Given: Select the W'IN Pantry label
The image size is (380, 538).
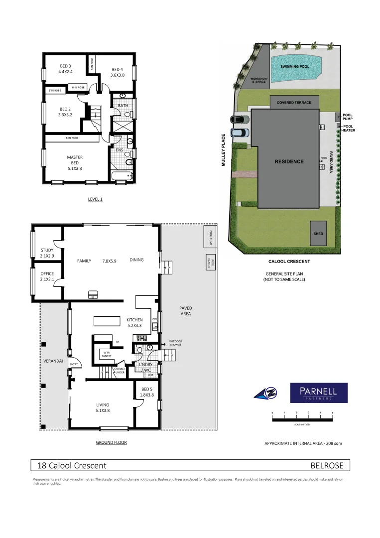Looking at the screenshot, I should (107, 354).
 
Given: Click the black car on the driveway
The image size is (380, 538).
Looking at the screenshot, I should (239, 120).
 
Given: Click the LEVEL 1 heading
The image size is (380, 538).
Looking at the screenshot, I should (95, 199).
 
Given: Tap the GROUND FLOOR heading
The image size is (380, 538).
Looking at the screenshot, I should (111, 442).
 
